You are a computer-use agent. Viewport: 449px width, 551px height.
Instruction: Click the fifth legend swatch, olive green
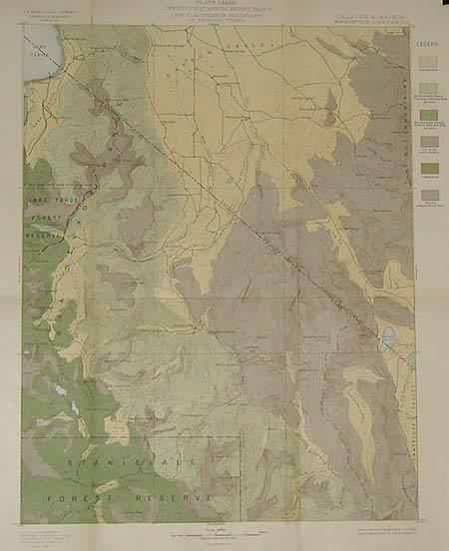[x=428, y=167]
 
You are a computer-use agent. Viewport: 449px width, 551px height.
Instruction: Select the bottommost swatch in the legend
[x=428, y=194]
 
